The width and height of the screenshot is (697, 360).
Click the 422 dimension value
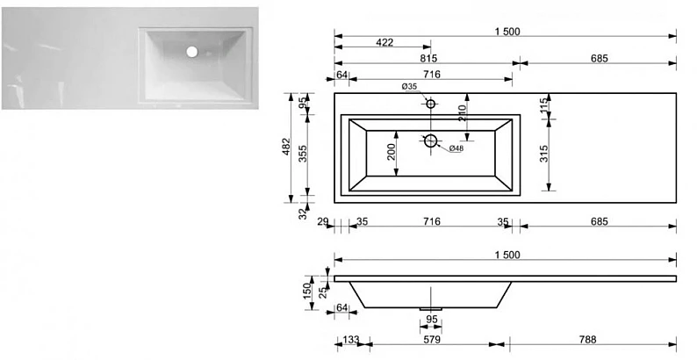(384, 42)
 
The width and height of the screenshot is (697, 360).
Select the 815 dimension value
(428, 58)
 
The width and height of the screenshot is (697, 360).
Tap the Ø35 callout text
(409, 87)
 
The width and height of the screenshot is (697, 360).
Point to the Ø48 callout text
(456, 148)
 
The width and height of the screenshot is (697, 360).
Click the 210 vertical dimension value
(462, 113)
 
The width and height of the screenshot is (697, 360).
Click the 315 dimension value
(544, 154)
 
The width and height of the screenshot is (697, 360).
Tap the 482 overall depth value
(286, 147)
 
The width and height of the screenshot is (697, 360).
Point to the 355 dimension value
(303, 154)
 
